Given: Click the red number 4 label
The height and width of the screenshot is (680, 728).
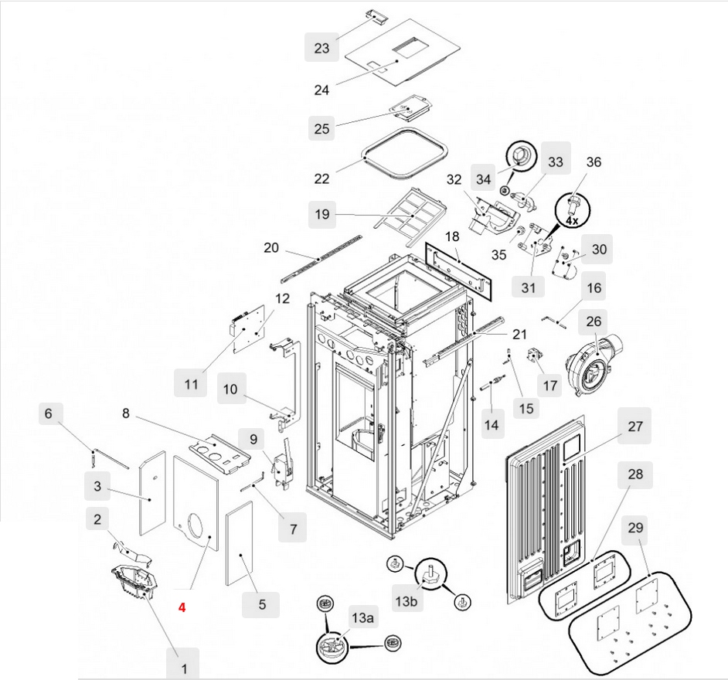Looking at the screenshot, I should coord(182,608).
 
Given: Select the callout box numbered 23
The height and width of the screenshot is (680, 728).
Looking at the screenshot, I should coord(321,49).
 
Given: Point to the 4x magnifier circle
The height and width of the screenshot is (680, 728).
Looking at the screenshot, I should coord(571,209).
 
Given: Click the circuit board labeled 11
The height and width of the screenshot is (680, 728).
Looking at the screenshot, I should coord(250,326).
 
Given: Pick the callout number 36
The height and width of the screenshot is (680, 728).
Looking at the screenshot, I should coord(594,162).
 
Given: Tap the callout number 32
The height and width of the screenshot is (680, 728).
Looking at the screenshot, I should coord(454,180).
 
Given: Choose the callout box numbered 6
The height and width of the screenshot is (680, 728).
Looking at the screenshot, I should coord(49,413).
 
